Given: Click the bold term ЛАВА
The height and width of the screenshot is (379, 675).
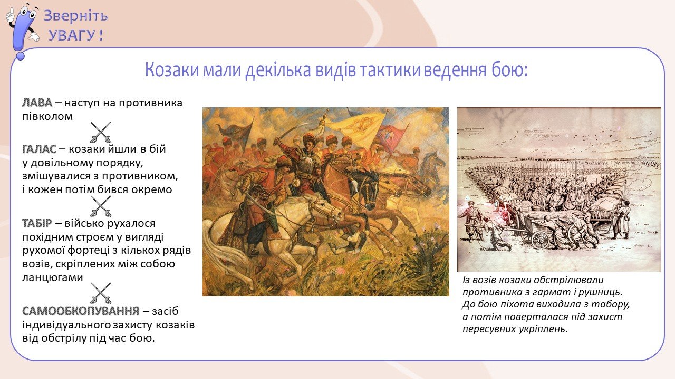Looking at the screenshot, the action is [x=37, y=103].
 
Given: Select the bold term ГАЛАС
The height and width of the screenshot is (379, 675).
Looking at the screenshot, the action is [x=39, y=149].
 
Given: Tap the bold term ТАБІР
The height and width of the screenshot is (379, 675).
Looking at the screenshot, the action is [x=37, y=224].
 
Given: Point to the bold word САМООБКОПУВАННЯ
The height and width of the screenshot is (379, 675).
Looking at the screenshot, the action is [x=81, y=311].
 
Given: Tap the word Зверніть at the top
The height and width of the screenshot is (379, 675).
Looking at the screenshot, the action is [x=75, y=16].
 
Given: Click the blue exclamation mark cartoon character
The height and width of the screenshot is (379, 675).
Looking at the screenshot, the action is [x=22, y=31].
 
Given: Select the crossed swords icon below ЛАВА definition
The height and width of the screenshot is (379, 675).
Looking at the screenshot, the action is [x=101, y=132].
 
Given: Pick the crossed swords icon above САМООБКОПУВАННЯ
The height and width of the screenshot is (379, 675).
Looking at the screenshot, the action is [x=101, y=293].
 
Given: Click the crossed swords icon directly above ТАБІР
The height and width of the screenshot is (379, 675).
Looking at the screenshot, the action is [x=101, y=206].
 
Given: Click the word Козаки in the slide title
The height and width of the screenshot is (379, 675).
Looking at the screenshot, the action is [x=172, y=70].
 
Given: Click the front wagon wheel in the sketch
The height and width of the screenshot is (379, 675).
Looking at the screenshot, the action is [x=541, y=240].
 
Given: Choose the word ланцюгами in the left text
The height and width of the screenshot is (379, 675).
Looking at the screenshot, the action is [x=52, y=277].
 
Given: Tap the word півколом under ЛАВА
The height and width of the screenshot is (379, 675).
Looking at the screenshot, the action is [x=47, y=117].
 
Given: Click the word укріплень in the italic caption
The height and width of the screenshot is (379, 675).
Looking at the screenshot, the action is [x=543, y=329].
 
